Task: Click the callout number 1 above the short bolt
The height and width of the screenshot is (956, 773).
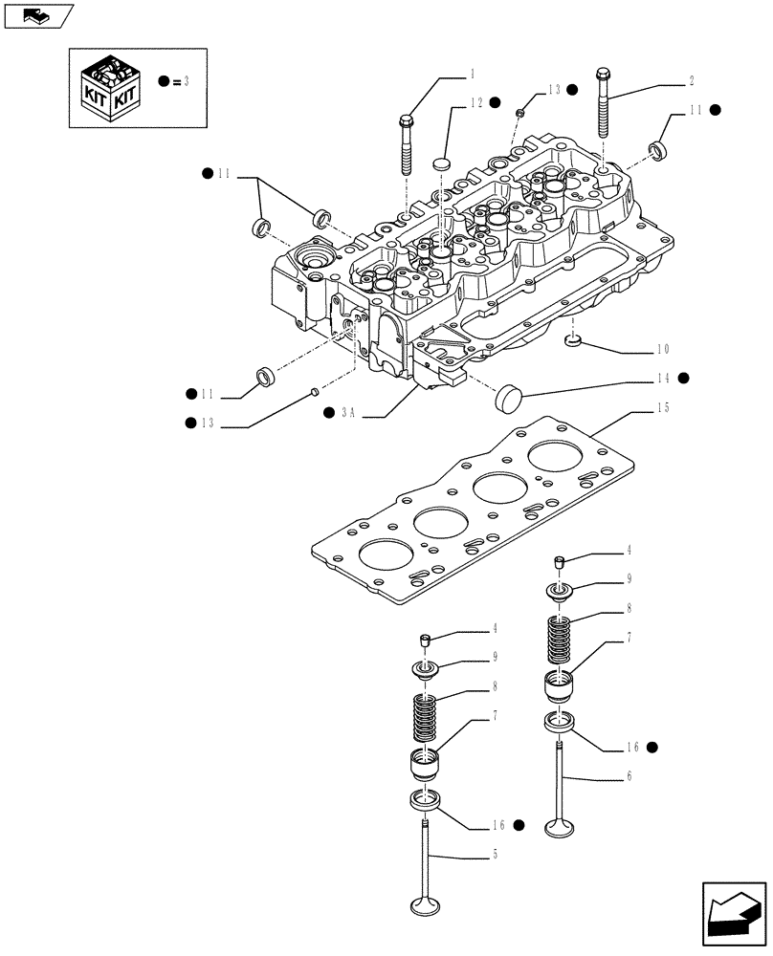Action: (x=472, y=73)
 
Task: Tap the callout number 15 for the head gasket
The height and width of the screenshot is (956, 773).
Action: (x=663, y=407)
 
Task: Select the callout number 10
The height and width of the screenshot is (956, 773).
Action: (x=663, y=349)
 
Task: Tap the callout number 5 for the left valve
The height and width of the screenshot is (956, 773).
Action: (x=494, y=854)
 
